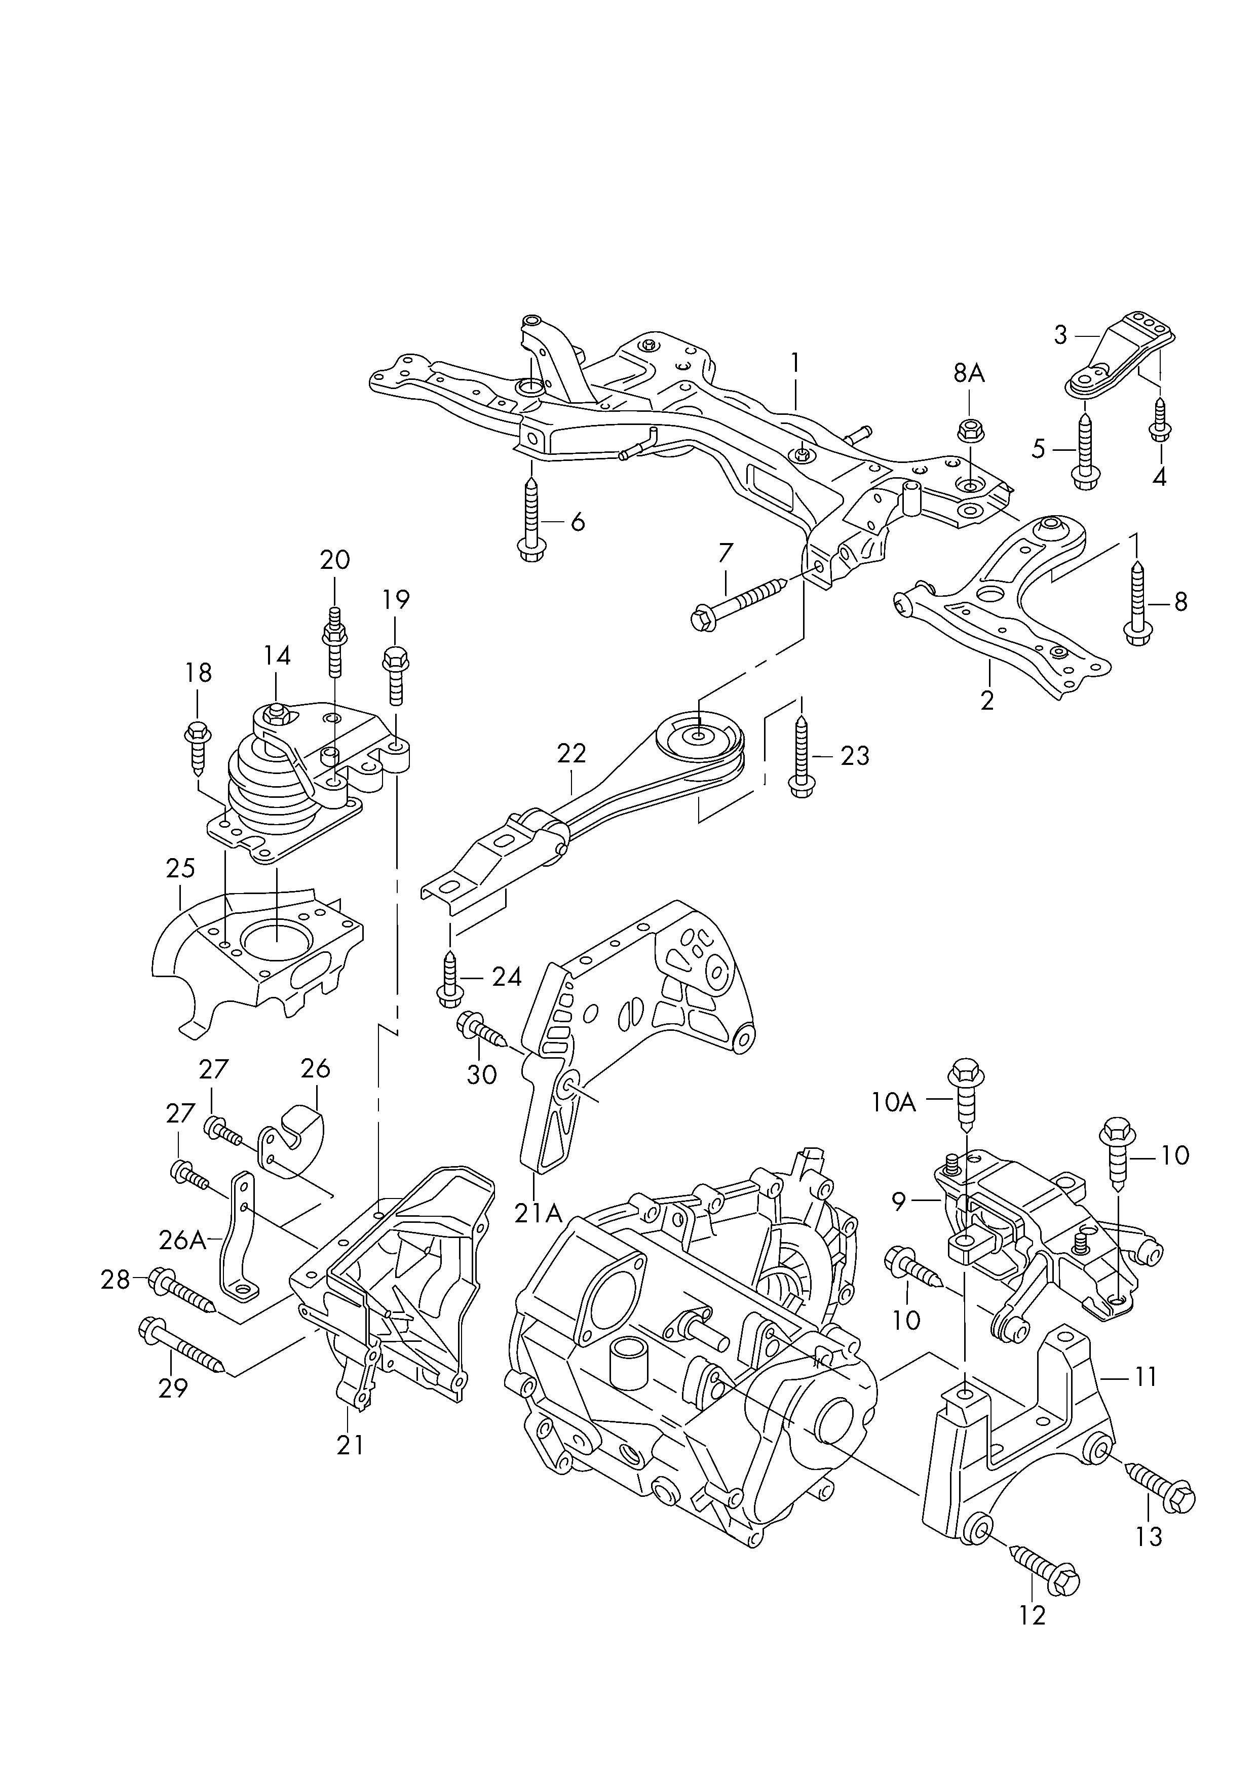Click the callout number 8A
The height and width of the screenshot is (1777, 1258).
click(x=968, y=374)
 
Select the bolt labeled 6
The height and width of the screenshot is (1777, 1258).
click(x=531, y=518)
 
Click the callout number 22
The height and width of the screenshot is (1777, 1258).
click(x=571, y=753)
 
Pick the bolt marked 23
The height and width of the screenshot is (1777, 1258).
click(x=801, y=755)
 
